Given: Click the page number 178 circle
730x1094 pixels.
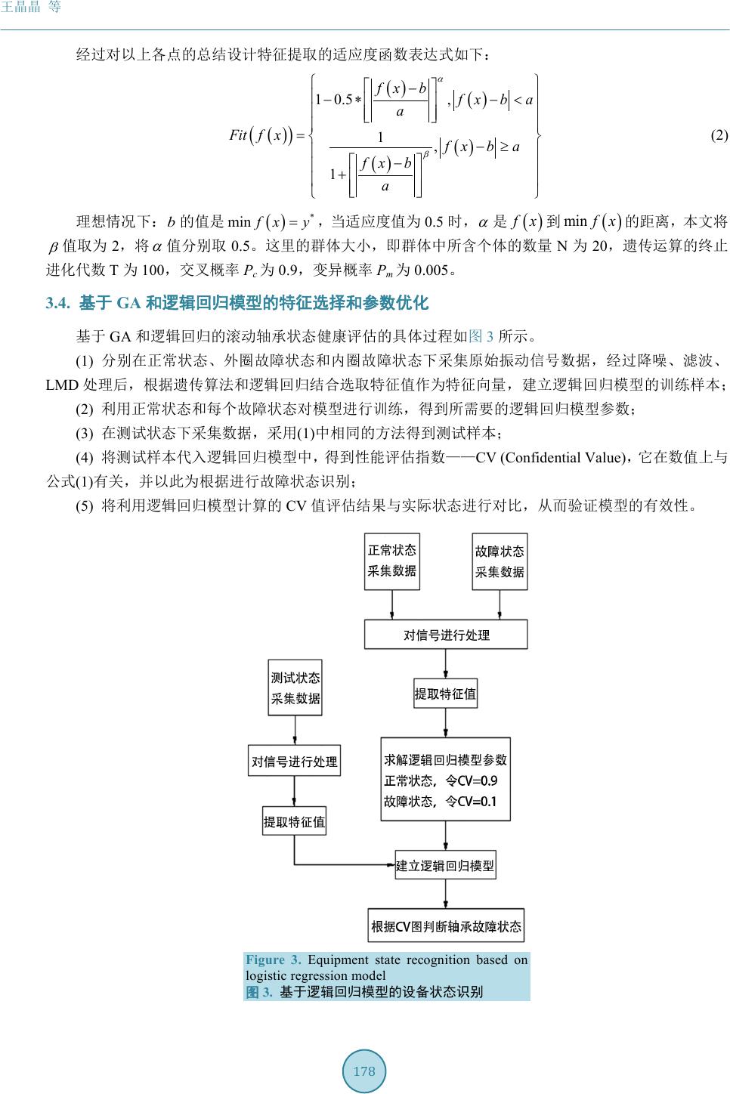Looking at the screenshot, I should [x=364, y=1071].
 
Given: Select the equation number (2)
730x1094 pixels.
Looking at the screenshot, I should [x=719, y=136].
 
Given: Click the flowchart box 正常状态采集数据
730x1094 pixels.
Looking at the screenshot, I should [x=391, y=561].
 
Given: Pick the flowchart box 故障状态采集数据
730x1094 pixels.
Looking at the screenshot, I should [x=500, y=561].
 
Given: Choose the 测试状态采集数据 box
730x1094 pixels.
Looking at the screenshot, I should [x=295, y=688].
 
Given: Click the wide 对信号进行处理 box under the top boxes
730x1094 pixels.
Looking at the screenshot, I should [x=446, y=635].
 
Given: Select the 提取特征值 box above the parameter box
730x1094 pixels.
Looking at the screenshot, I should [x=445, y=694].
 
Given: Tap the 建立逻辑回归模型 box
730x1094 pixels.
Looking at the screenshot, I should [x=445, y=866].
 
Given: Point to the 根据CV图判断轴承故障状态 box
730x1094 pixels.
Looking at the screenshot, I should [x=446, y=926].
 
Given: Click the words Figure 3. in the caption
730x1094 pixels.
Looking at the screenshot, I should [x=273, y=960].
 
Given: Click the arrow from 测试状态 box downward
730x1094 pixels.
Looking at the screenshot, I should [x=295, y=729].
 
